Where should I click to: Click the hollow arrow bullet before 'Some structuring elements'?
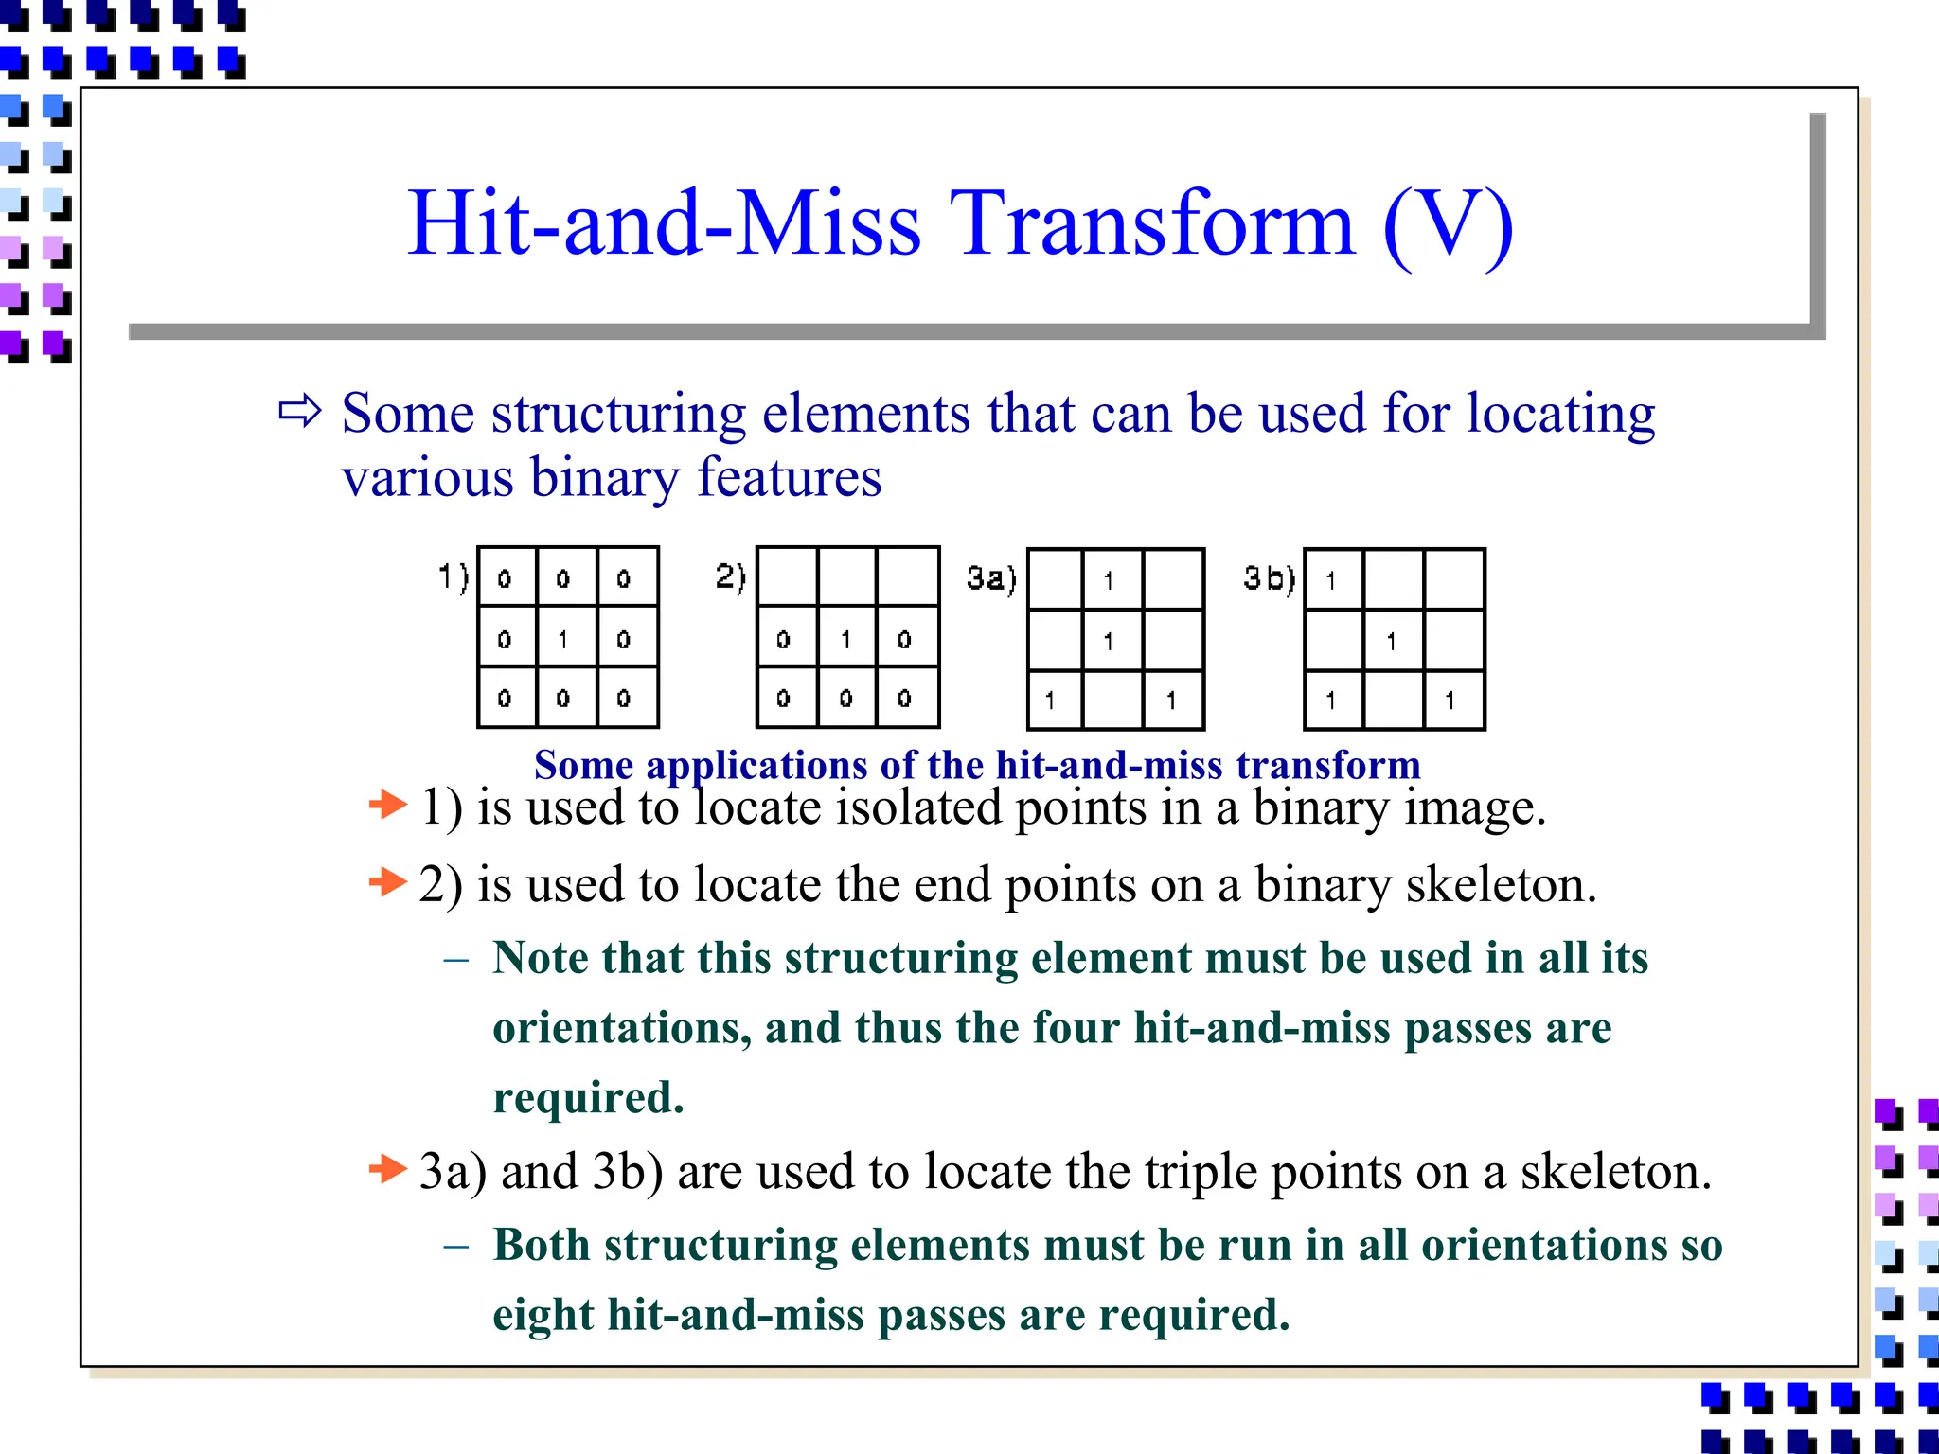click(300, 412)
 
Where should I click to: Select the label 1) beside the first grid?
click(453, 576)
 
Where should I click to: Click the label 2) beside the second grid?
click(730, 576)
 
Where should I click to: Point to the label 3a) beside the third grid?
click(991, 577)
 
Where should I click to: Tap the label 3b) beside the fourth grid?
click(1269, 577)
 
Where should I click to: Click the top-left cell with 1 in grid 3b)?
click(1331, 580)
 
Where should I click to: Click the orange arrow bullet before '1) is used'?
click(387, 806)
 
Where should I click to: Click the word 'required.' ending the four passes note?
click(588, 1098)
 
